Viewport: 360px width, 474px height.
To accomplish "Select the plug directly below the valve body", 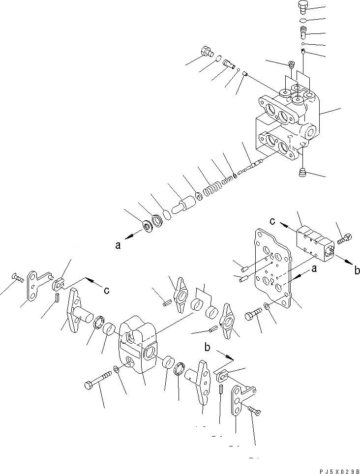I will pyautogui.click(x=303, y=173).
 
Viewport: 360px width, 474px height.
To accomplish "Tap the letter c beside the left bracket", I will pyautogui.click(x=106, y=290).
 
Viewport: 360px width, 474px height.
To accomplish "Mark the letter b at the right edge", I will pyautogui.click(x=357, y=269).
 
